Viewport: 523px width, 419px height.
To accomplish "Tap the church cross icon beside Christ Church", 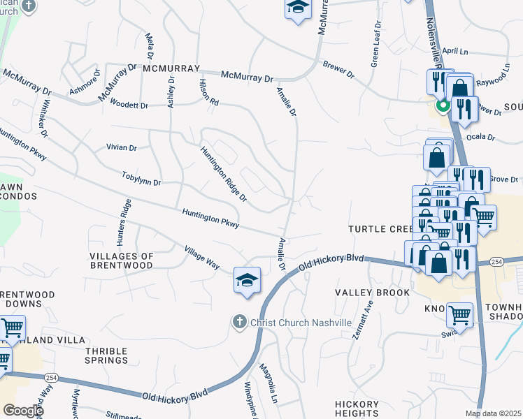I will [x=239, y=322].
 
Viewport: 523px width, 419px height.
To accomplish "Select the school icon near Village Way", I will [x=247, y=280].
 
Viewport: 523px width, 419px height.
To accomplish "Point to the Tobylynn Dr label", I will [x=141, y=179].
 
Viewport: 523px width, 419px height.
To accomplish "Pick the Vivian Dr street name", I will [x=121, y=148].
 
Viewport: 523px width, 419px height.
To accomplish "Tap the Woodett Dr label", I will [x=129, y=105].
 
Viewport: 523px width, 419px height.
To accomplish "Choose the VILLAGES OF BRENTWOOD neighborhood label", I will [x=122, y=261].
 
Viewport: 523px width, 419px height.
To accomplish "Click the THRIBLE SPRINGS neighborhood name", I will [x=107, y=355].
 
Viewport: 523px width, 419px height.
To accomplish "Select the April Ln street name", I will [x=455, y=51].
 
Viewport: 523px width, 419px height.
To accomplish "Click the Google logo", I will [x=23, y=410].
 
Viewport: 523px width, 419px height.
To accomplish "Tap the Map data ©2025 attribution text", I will [x=492, y=413].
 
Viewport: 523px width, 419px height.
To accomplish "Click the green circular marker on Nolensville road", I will [x=443, y=107].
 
